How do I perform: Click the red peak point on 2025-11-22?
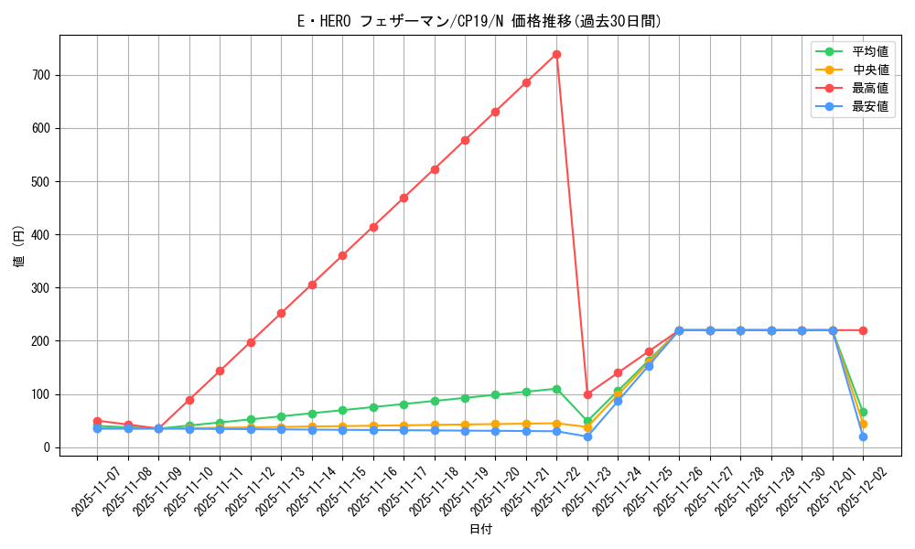pos(556,54)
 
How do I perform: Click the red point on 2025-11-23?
pos(587,394)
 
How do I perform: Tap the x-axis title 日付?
pos(480,530)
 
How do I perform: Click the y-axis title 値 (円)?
pos(19,247)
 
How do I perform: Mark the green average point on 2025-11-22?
pos(556,389)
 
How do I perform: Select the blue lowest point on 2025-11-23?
pos(587,436)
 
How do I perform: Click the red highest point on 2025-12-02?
pos(863,330)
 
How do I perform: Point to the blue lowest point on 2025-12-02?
pos(863,436)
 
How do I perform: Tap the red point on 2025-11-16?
pos(373,227)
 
